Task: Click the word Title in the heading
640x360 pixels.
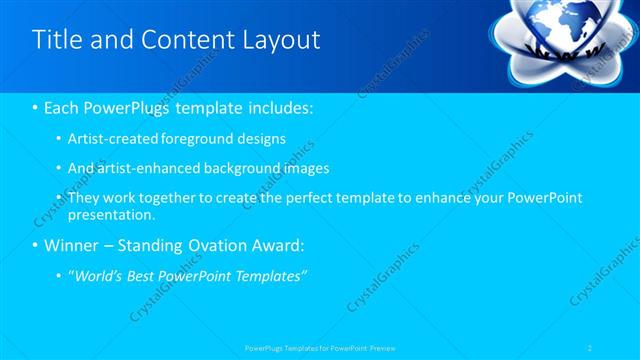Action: click(57, 40)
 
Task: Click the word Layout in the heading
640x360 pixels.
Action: click(281, 40)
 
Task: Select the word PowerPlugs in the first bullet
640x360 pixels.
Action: click(127, 107)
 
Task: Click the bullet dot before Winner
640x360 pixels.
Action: click(36, 246)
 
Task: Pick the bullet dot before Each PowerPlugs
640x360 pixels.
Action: click(36, 107)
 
